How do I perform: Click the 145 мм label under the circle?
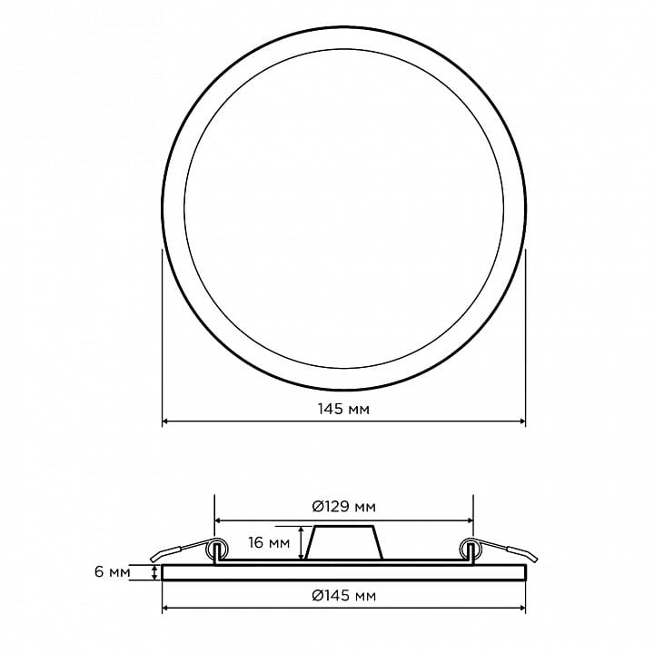[x=343, y=409]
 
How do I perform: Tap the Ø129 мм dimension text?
[x=343, y=507]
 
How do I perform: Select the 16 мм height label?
[x=269, y=542]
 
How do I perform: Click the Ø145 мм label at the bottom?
[x=343, y=596]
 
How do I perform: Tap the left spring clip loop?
[x=217, y=549]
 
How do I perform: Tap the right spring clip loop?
[x=471, y=549]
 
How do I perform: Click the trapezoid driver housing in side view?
[x=344, y=542]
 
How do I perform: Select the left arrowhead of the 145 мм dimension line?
[x=164, y=421]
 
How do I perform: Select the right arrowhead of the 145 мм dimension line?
[x=522, y=421]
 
